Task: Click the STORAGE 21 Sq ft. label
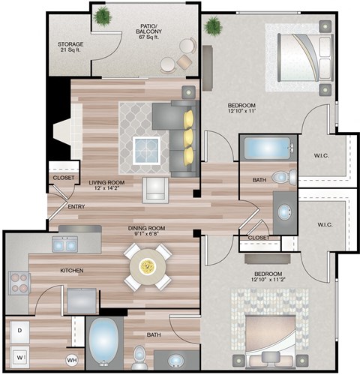(x=70, y=48)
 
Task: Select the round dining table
(x=148, y=267)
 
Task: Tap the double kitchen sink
(x=64, y=244)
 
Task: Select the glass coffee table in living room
(x=147, y=150)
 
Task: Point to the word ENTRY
(x=76, y=206)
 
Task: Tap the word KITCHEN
(x=72, y=270)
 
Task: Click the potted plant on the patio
(x=103, y=15)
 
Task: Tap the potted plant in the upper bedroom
(x=213, y=27)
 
